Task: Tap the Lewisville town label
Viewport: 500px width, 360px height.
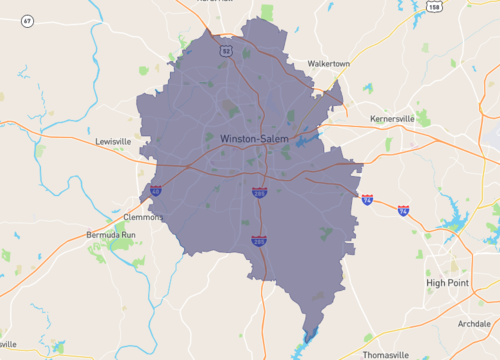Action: click(114, 142)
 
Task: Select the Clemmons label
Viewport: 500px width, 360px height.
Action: click(143, 216)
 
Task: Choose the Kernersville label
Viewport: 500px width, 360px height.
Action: click(392, 118)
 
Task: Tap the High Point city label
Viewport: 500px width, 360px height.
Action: click(448, 283)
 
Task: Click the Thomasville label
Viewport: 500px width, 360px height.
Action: click(386, 355)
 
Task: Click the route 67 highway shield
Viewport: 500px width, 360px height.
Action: click(27, 20)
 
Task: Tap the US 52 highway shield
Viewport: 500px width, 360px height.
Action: click(226, 49)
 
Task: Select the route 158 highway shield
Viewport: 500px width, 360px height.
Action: click(433, 6)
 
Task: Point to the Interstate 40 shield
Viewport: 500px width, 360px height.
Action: click(155, 189)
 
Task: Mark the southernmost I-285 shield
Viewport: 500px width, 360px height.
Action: click(259, 240)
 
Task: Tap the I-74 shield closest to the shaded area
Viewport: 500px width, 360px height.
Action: click(367, 200)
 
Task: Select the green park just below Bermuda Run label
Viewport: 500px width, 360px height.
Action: click(100, 258)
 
